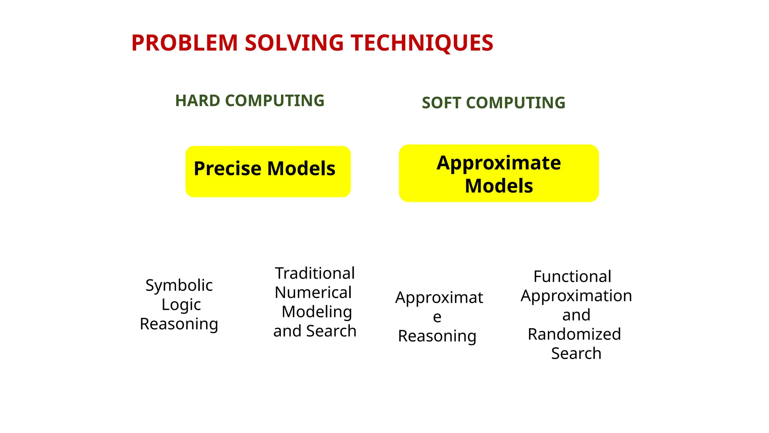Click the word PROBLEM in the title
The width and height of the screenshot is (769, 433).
(x=184, y=43)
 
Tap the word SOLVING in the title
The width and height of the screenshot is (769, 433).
(x=294, y=43)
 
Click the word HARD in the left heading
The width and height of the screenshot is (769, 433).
(x=198, y=101)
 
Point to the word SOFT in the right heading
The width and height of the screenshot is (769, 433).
(x=441, y=103)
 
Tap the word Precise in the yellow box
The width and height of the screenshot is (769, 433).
(x=227, y=168)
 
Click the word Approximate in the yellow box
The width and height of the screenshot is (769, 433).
(x=499, y=163)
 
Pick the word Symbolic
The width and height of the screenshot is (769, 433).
(x=179, y=285)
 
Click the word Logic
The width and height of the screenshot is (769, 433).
(x=181, y=304)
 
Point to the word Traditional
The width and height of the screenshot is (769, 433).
(x=315, y=273)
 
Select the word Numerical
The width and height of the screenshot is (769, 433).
(x=313, y=292)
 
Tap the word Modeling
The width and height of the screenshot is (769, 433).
(x=317, y=312)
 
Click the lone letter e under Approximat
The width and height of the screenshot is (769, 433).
(x=437, y=317)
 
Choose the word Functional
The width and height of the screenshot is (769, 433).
(x=572, y=277)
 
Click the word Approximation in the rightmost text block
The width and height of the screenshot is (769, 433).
(x=576, y=296)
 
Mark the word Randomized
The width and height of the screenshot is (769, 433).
(x=574, y=334)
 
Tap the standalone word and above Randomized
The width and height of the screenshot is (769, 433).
(x=576, y=315)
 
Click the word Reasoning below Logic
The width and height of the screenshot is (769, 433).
(x=179, y=324)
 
